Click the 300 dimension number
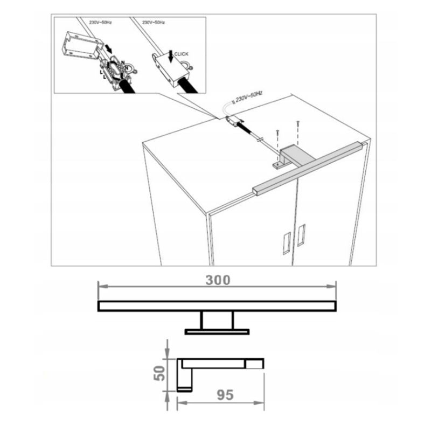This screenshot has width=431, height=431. (218, 280)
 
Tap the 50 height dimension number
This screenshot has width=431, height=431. (159, 373)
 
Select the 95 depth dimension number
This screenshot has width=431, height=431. (225, 395)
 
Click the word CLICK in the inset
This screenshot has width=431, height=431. (182, 54)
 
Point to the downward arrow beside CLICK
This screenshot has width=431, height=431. (171, 57)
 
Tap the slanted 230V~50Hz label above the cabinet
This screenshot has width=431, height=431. (249, 96)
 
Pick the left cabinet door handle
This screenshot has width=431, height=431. (286, 244)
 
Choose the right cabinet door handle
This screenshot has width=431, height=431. (301, 235)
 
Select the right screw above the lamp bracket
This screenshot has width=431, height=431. (298, 123)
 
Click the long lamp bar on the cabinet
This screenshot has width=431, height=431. (310, 168)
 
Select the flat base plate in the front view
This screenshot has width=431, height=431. (217, 332)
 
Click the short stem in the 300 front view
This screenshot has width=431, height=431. (217, 320)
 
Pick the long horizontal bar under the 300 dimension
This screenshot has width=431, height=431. (217, 306)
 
